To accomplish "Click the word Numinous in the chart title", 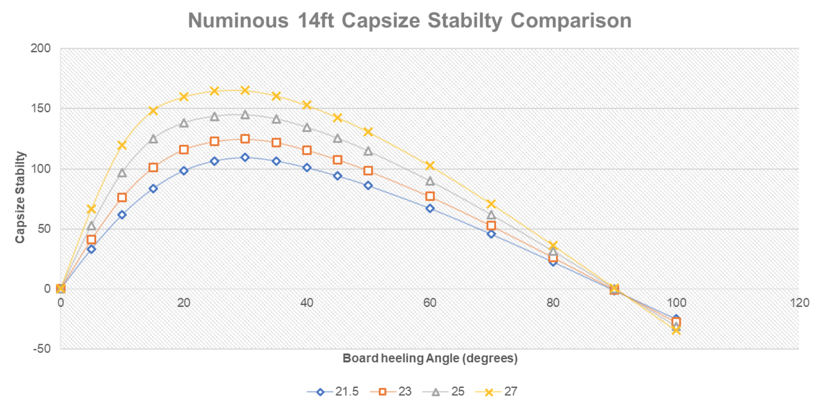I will click(238, 21).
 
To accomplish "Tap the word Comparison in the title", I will click(571, 21).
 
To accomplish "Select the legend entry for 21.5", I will click(333, 392).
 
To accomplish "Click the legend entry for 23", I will click(392, 392).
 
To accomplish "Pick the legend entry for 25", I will click(444, 392).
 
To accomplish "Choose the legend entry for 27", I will click(497, 392).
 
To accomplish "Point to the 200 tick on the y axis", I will click(41, 49).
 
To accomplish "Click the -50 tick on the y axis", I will click(42, 349).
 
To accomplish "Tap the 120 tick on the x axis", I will click(799, 303).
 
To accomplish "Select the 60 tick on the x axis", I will click(430, 303).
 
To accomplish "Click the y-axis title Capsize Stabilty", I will click(20, 197).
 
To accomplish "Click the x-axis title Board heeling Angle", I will click(430, 358).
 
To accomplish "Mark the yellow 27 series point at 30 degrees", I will click(245, 90).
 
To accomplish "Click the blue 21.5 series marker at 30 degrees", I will click(245, 157).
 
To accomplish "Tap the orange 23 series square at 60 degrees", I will click(430, 196).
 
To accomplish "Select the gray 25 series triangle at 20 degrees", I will click(184, 123).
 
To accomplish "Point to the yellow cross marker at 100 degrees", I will click(676, 330).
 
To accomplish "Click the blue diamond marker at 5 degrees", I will click(91, 249).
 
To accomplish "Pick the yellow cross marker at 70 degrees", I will click(491, 204).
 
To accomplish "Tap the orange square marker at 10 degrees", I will click(122, 197).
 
